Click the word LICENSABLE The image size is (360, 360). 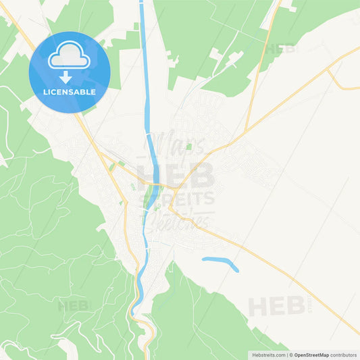[x=70, y=92]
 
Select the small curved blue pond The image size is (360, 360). [x=221, y=263]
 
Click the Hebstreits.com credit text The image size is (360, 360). [x=266, y=354]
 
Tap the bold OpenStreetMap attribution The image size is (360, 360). [x=311, y=354]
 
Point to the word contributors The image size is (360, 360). [x=343, y=354]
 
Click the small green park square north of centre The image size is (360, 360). [x=190, y=146]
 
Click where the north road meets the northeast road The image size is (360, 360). [x=245, y=128]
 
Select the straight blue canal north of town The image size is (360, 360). [x=144, y=68]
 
